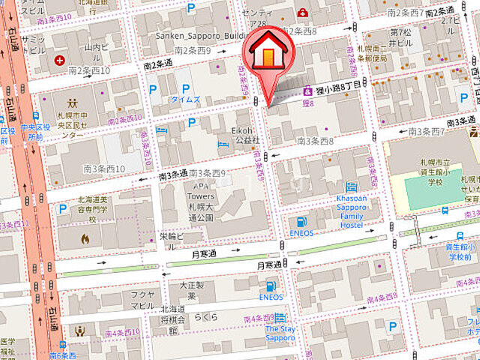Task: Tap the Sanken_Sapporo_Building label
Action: (x=196, y=35)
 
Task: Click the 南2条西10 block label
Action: (x=89, y=70)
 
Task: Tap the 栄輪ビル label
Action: (x=174, y=237)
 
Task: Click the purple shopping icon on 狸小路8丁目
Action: (x=307, y=91)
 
